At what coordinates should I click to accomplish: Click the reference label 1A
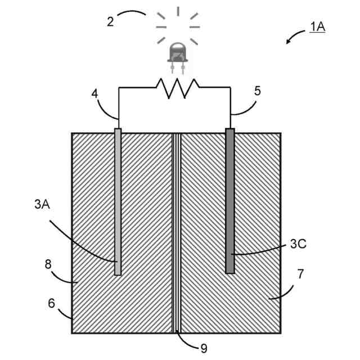[x=317, y=26]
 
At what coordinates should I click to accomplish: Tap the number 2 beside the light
[x=111, y=22]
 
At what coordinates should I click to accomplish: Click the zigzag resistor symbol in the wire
[x=177, y=88]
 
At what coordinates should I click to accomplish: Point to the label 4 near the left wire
[x=95, y=93]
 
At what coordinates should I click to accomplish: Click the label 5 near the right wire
[x=257, y=90]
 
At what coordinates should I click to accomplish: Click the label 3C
[x=298, y=244]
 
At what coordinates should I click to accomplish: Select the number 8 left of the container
[x=48, y=263]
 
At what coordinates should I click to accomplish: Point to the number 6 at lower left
[x=51, y=303]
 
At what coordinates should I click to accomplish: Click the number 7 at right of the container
[x=300, y=274]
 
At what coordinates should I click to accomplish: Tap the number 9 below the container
[x=204, y=349]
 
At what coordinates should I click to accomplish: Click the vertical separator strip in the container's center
[x=177, y=233]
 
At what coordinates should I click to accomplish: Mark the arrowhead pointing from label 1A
[x=287, y=42]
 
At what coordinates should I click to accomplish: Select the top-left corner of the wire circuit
[x=118, y=88]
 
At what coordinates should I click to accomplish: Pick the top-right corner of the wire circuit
[x=230, y=88]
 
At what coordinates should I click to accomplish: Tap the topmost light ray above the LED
[x=178, y=11]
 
